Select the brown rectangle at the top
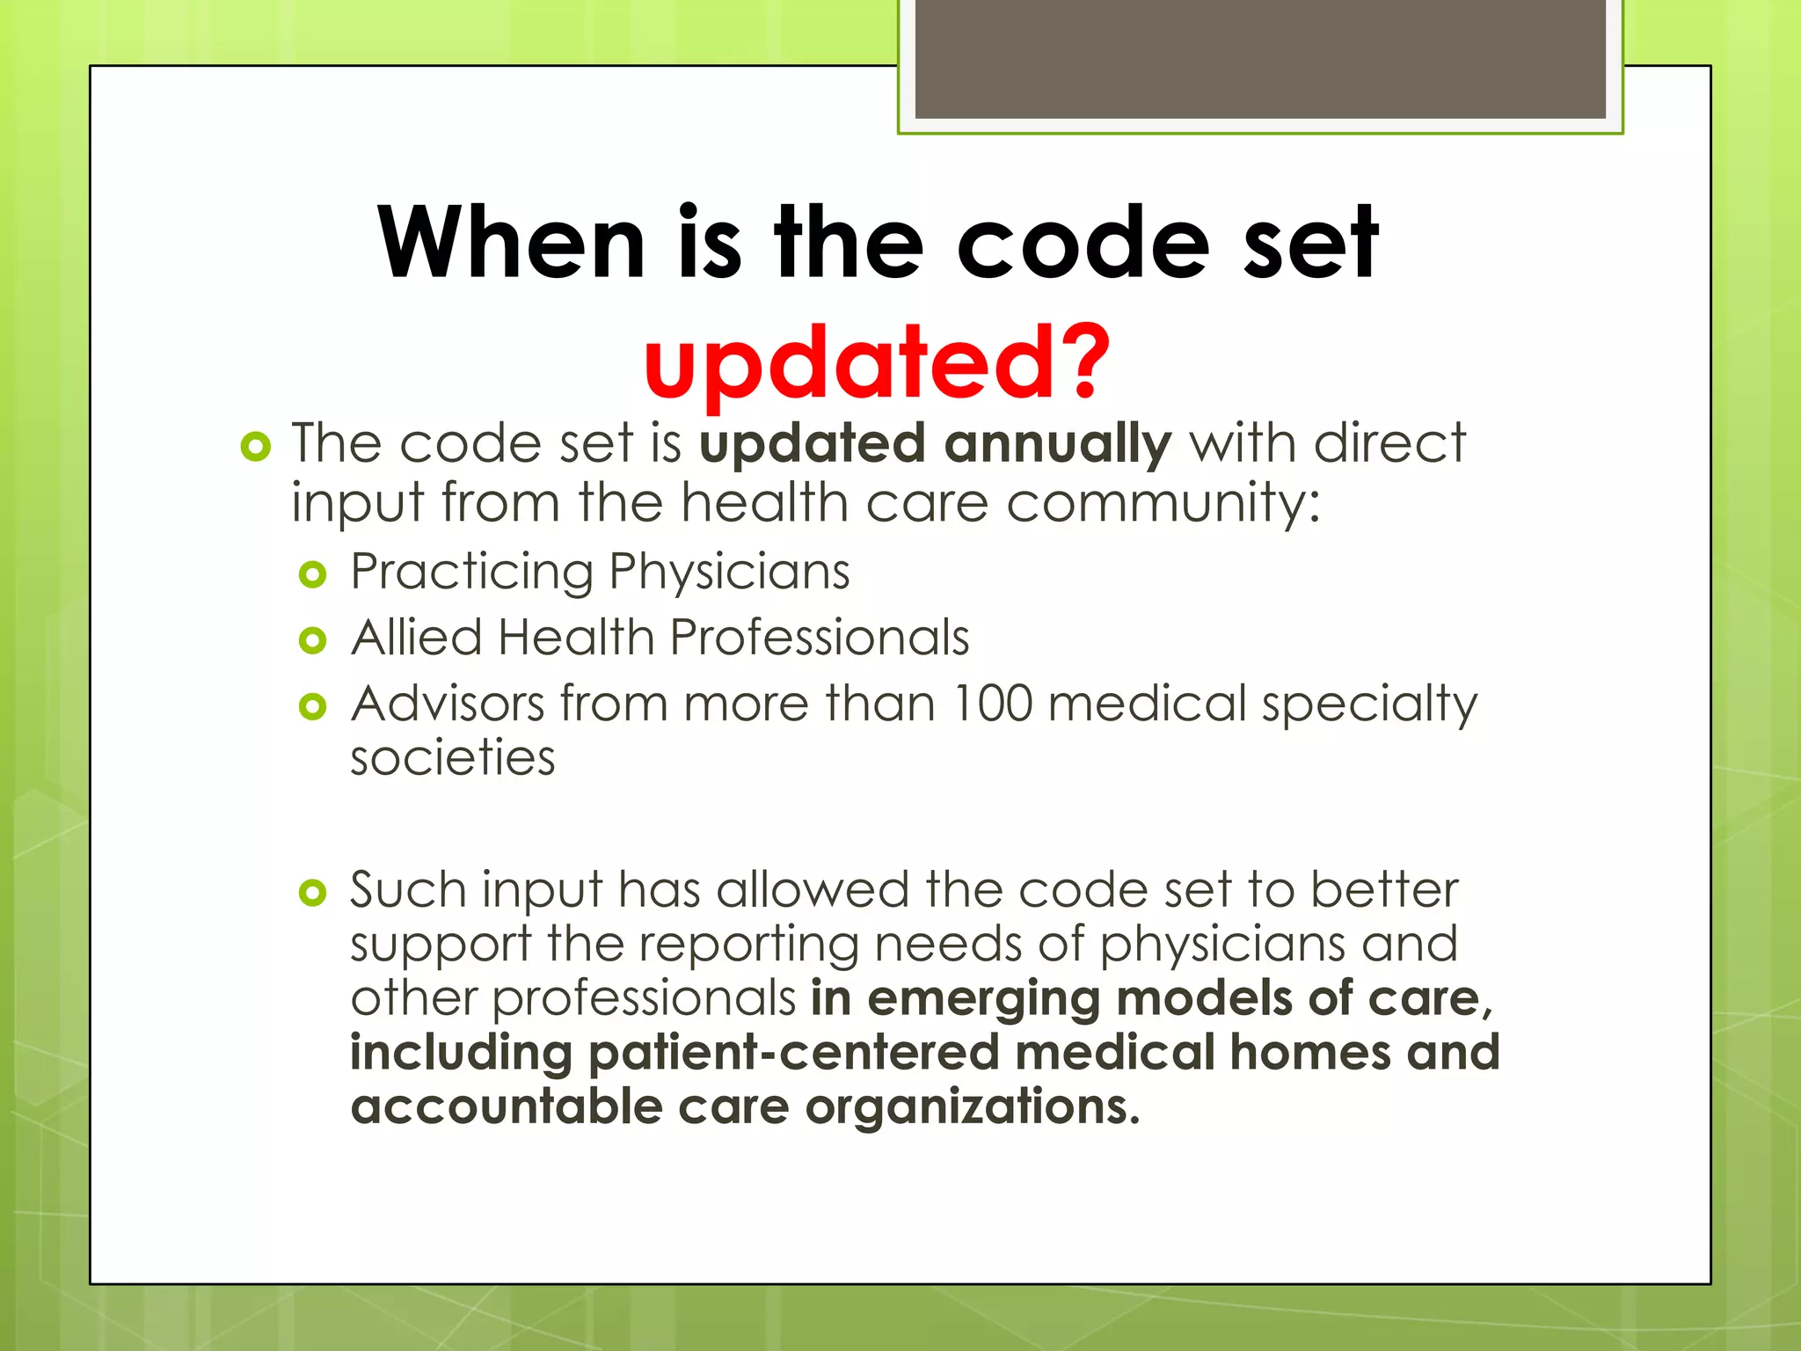coord(1260,58)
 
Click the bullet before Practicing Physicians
coord(313,575)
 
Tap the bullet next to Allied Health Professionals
coord(313,640)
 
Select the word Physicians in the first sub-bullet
coord(729,572)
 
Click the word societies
coord(453,757)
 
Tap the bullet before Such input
coord(313,894)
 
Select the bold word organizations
coord(973,1107)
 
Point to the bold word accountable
coord(507,1106)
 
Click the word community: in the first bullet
coord(1163,503)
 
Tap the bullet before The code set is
coord(255,447)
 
